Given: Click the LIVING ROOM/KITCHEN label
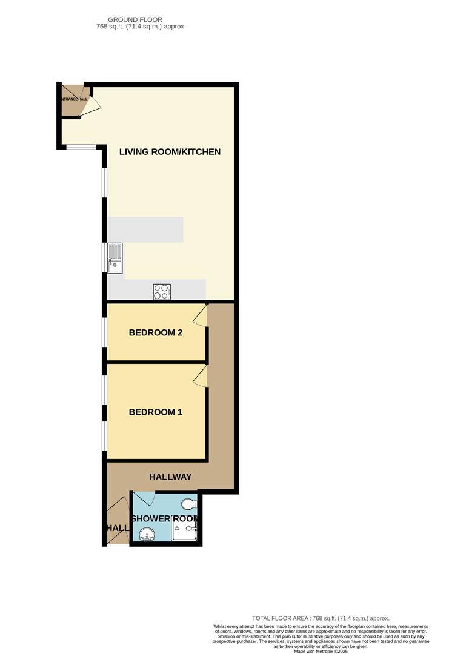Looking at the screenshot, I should (170, 151).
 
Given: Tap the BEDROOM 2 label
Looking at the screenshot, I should (156, 332).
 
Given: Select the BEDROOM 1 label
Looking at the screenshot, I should (156, 412).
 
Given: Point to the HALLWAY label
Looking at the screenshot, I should (170, 477).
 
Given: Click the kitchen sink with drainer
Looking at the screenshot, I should (115, 257).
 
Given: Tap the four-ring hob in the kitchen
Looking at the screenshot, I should (162, 292).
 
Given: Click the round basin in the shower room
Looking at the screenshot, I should (147, 534).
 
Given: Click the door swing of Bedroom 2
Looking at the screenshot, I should (201, 315).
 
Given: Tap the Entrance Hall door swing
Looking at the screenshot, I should (91, 107).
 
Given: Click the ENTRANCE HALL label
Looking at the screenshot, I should (73, 99).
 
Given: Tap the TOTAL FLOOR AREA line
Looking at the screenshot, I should (321, 618).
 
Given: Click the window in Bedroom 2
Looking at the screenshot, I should (104, 332).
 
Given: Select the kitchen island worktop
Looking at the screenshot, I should (145, 230).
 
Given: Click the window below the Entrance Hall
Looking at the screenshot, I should (81, 147).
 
